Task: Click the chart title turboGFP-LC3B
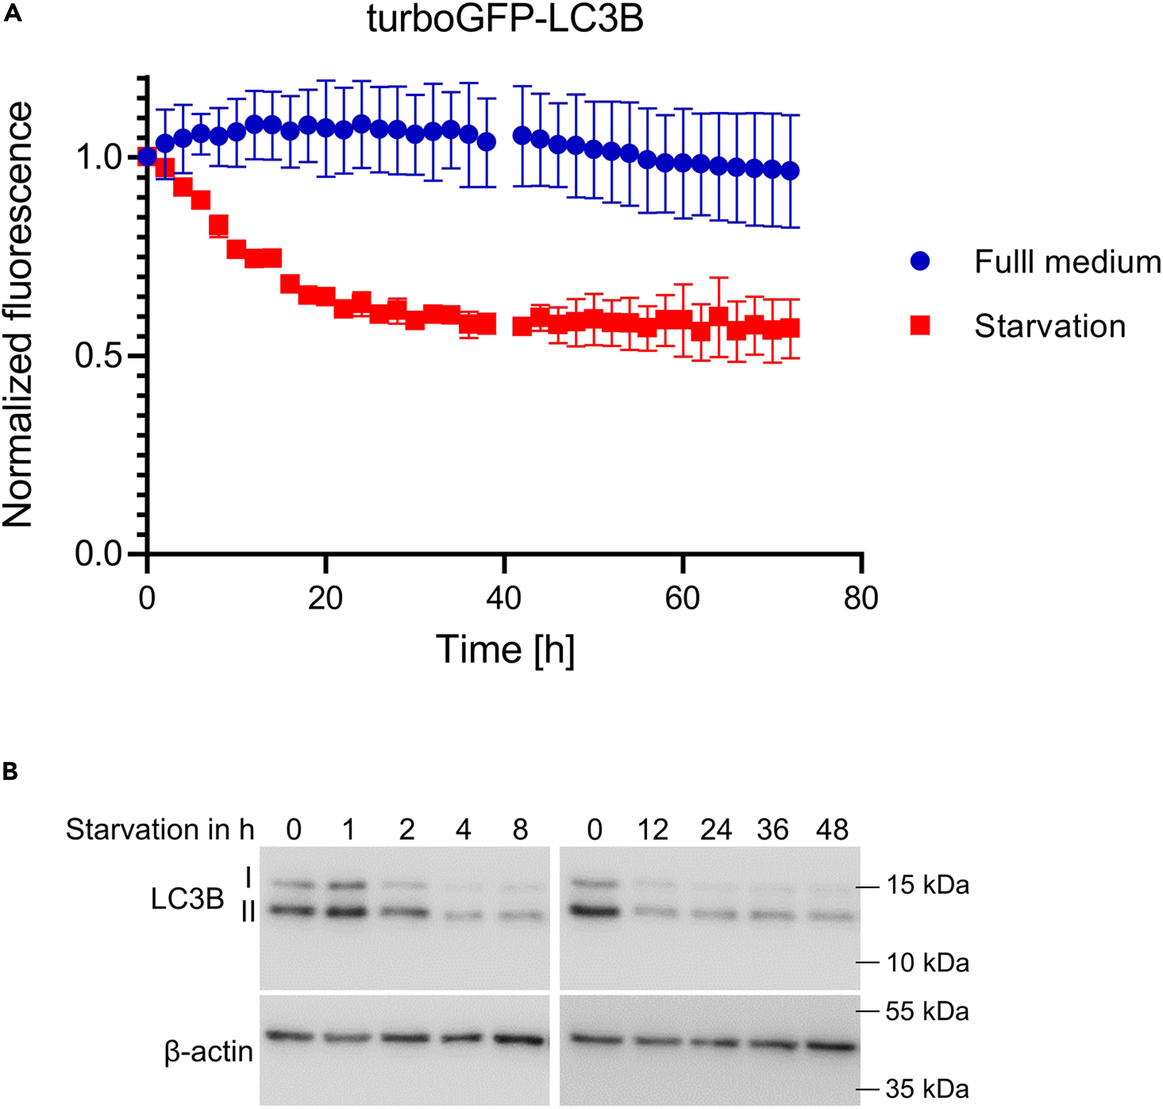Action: (505, 19)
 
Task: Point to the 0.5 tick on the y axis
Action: (97, 356)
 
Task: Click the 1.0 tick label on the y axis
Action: (97, 157)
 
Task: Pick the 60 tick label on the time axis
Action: (682, 598)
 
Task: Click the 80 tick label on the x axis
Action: (861, 598)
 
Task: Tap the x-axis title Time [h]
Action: (505, 650)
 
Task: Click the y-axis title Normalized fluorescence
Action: (18, 315)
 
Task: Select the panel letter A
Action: (13, 13)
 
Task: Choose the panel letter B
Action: (10, 771)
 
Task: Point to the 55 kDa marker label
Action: (927, 1012)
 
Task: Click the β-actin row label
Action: (209, 1052)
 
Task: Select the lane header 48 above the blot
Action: (832, 830)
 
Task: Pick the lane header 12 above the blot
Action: (653, 830)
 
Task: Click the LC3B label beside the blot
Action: (188, 899)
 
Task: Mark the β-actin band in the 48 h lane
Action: (830, 1046)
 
